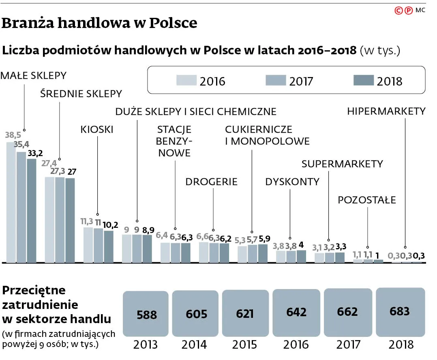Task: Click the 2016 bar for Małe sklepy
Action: pos(11,202)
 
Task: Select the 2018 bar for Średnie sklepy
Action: pos(70,220)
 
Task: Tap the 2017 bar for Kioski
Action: pos(99,246)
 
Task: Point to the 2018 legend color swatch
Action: pos(363,80)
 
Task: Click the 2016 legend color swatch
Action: pos(186,80)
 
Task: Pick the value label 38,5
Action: pos(13,135)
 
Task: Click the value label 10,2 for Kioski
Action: pos(110,225)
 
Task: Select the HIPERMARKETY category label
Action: pos(386,111)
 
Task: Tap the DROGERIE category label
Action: pos(211,182)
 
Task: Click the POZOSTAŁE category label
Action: pos(367,200)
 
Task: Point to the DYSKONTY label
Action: pos(292,182)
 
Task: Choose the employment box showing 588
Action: pos(146,314)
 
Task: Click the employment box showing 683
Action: pos(401,312)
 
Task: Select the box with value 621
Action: pos(246,313)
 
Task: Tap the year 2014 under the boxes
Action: pos(194,345)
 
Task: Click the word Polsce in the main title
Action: pos(173,23)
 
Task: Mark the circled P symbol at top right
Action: pos(408,11)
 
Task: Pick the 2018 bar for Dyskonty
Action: pos(301,256)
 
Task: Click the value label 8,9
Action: pos(148,230)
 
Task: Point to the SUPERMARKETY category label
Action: pos(342,164)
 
